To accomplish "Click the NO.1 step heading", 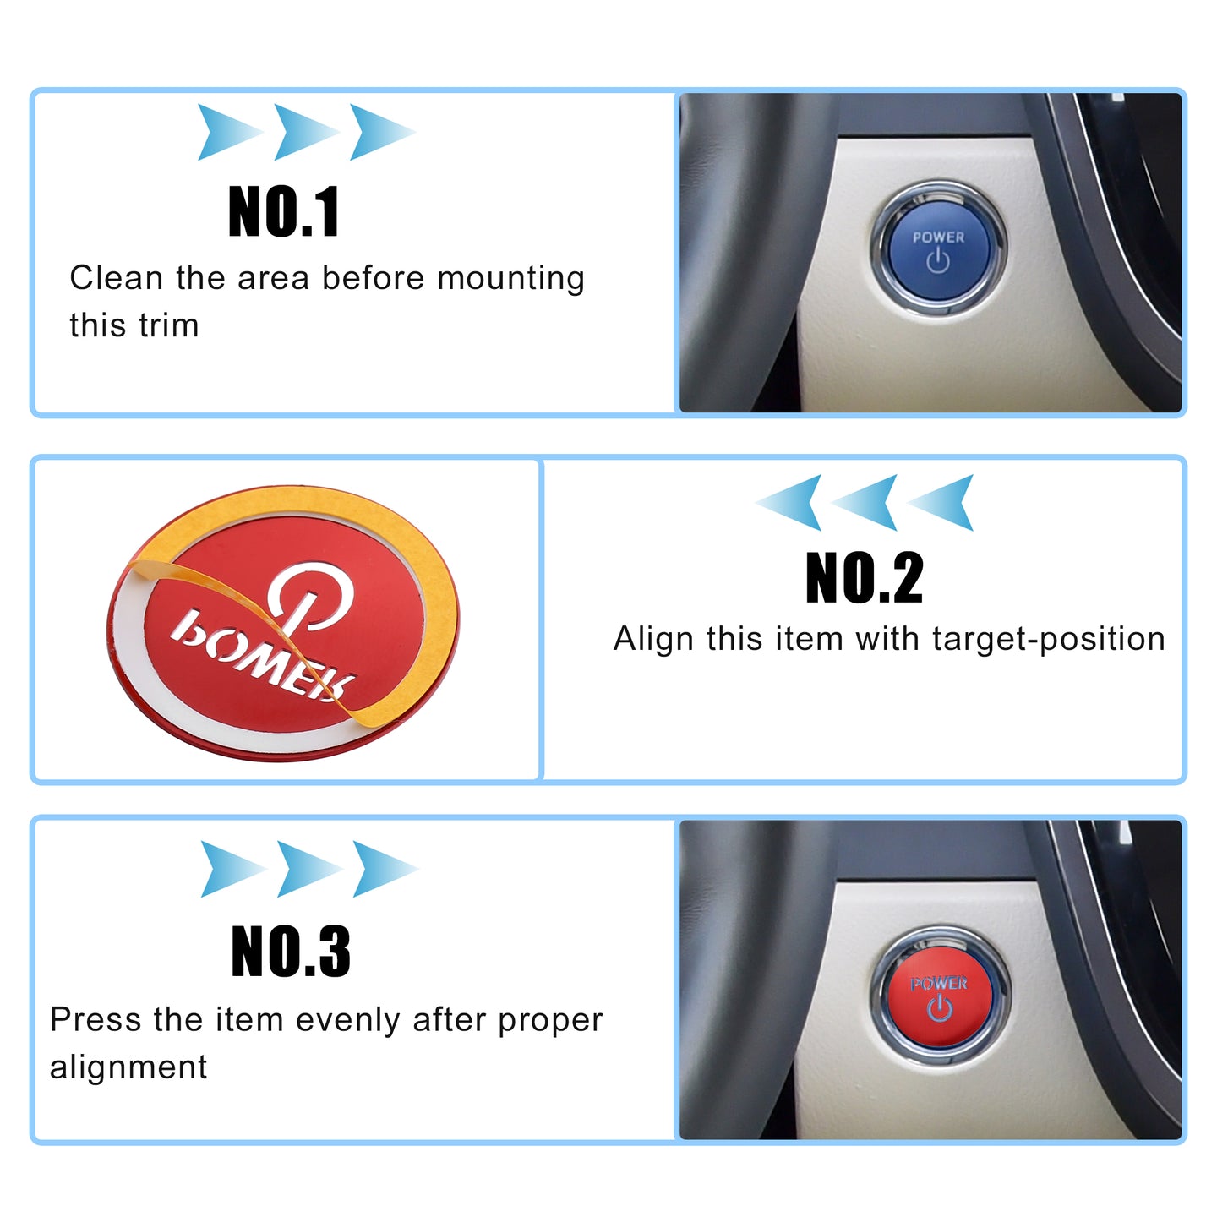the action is pyautogui.click(x=284, y=211).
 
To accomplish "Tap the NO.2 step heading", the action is pyautogui.click(x=864, y=577).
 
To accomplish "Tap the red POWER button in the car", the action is pyautogui.click(x=940, y=996).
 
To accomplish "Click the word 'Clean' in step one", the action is pyautogui.click(x=116, y=278).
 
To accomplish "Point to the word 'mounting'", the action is pyautogui.click(x=511, y=280).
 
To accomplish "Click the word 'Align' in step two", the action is pyautogui.click(x=653, y=638).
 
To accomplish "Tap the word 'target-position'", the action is pyautogui.click(x=1048, y=640).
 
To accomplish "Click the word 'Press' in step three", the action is pyautogui.click(x=96, y=1019).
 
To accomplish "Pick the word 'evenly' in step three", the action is pyautogui.click(x=347, y=1021).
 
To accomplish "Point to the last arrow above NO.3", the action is pyautogui.click(x=385, y=869).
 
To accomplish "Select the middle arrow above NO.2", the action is pyautogui.click(x=864, y=502).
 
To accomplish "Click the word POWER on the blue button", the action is pyautogui.click(x=938, y=237).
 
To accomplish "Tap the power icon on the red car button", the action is pyautogui.click(x=940, y=1008).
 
